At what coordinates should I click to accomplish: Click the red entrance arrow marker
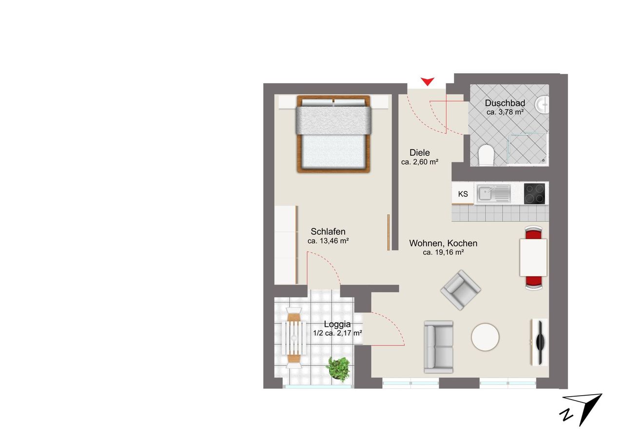point(428,81)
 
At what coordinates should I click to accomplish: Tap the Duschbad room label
point(505,103)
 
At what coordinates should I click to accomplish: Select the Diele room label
point(420,153)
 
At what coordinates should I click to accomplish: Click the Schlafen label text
point(328,231)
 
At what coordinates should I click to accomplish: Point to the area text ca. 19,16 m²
point(443,252)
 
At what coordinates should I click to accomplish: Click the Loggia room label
point(337,325)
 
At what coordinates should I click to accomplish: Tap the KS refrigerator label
point(463,194)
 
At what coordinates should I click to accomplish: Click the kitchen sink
point(493,194)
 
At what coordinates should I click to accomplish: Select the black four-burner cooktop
point(534,193)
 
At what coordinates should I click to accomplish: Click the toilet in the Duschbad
point(486,155)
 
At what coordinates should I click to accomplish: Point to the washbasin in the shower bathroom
point(542,105)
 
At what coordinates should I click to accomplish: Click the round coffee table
point(485,337)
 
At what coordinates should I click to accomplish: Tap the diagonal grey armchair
point(461,290)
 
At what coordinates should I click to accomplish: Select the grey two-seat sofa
point(438,347)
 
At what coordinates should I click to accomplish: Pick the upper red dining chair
point(533,232)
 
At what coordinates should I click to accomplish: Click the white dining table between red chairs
point(533,257)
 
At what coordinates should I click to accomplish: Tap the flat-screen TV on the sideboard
point(540,342)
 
